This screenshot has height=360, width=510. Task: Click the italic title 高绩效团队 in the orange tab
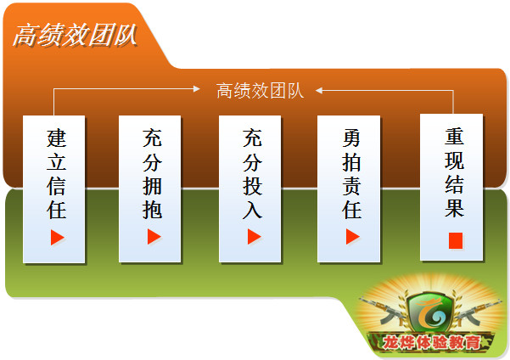coord(76,35)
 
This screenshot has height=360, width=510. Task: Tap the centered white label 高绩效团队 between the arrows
coord(260,91)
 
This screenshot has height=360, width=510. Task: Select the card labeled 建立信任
coord(54,189)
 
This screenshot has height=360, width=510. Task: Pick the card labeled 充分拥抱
coord(150,188)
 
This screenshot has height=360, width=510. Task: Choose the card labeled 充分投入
coord(249,188)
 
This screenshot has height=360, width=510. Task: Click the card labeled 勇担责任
coord(349,188)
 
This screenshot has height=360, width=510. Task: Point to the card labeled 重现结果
coord(451,187)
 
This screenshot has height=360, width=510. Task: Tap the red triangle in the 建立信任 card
coord(57,237)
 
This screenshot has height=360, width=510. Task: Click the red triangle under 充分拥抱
coord(154,236)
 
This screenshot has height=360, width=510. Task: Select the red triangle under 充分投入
coord(254,236)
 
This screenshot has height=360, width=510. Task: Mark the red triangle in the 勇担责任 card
coord(352,236)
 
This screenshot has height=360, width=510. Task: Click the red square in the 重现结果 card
coord(456,240)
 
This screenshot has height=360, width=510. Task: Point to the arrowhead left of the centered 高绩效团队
coord(197,88)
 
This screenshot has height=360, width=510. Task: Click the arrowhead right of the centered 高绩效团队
coord(319,91)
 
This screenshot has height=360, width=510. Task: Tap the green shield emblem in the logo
coord(430,312)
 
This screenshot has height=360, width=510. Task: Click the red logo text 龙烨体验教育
coord(431,342)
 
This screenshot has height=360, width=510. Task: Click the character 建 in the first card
coord(57,138)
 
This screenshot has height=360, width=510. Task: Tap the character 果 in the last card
coord(454,208)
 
